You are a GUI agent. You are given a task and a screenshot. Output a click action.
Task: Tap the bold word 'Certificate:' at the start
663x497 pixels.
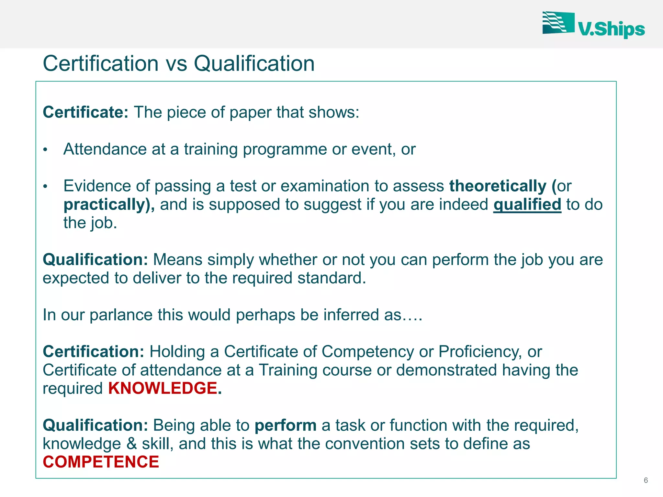(x=85, y=112)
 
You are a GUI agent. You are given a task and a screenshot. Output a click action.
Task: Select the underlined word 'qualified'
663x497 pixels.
(x=527, y=204)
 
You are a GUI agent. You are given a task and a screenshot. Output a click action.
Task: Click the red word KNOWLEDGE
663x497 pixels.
(x=163, y=388)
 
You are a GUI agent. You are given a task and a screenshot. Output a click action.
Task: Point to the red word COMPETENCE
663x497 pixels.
(x=101, y=462)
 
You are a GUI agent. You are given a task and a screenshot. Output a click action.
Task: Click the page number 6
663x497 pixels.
(x=646, y=480)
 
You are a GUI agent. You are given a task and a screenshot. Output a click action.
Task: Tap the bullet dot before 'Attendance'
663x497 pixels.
(x=45, y=150)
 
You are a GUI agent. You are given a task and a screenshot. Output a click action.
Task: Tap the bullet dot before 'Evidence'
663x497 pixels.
(x=45, y=187)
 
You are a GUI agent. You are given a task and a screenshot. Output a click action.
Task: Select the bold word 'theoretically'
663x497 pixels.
(x=498, y=186)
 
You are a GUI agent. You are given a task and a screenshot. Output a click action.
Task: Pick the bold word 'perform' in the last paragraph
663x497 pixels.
(x=285, y=425)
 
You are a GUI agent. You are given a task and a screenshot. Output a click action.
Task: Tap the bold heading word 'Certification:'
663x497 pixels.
(x=93, y=352)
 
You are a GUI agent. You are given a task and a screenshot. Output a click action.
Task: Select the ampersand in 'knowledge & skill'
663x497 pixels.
(x=131, y=444)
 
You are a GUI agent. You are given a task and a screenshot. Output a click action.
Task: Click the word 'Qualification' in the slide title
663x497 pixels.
(x=254, y=63)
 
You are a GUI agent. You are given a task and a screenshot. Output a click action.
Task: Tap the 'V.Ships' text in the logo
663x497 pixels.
(x=611, y=30)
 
